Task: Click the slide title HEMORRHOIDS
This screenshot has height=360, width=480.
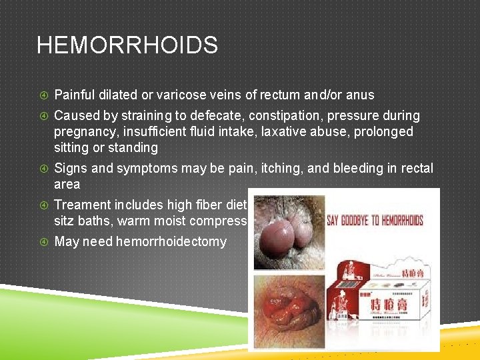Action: point(127,45)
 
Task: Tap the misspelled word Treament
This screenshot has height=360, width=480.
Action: point(83,205)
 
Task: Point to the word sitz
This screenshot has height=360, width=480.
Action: point(65,221)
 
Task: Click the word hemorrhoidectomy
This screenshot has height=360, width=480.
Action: point(171,241)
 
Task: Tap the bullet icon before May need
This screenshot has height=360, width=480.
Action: point(43,241)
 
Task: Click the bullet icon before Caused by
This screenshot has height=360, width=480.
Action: point(43,115)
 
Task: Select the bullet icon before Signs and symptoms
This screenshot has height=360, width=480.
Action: point(43,168)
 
